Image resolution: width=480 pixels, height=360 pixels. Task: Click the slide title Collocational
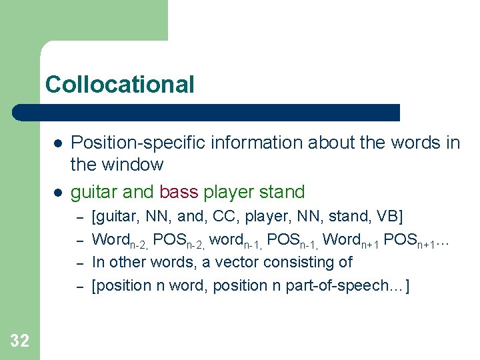coord(120,85)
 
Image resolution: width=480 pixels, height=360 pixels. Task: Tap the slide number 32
coord(19,341)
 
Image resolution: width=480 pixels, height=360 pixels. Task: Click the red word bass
coord(179,192)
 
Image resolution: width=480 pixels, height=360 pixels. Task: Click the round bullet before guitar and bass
coord(58,193)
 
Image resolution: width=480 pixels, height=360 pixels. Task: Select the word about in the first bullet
coord(312,143)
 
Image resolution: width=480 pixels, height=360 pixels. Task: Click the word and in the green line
coord(138,192)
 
